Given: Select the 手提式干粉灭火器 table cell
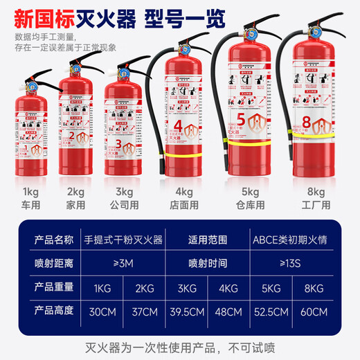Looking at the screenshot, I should point(123,240).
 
